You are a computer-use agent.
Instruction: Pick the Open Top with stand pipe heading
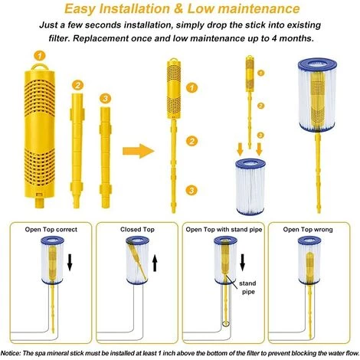coord(223,228)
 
